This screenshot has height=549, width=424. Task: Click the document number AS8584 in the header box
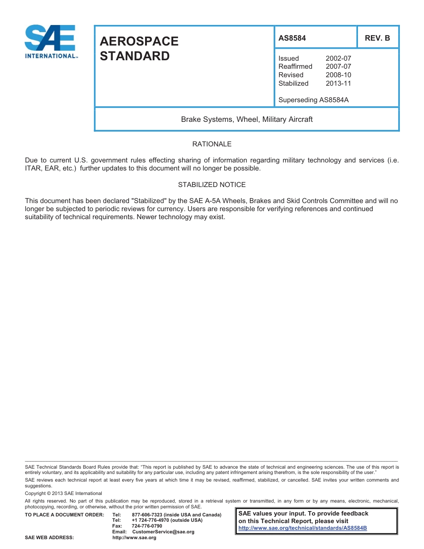coord(292,38)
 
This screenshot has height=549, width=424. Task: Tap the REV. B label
coord(377,38)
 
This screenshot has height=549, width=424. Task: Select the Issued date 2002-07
coord(338,58)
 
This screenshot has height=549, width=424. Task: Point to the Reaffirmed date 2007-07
coord(338,67)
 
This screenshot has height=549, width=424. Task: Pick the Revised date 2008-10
coord(338,75)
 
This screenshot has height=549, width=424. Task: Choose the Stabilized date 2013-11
coord(338,83)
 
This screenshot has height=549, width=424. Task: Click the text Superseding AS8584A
coord(313,100)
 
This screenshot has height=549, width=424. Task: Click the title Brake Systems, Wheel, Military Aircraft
coord(246,120)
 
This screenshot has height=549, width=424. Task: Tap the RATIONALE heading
coord(212,144)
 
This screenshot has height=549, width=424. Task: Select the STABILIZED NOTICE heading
coord(212,185)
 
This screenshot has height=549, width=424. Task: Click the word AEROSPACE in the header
coord(139,42)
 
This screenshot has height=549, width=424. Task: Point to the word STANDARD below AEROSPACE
coord(134,56)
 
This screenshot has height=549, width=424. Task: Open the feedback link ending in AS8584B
coord(302,528)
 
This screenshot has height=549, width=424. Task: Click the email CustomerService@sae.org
coord(163,532)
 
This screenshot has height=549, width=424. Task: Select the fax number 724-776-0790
coord(147,526)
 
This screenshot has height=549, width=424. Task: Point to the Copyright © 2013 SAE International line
coord(63,494)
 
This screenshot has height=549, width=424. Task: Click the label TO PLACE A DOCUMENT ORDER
coord(64,515)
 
